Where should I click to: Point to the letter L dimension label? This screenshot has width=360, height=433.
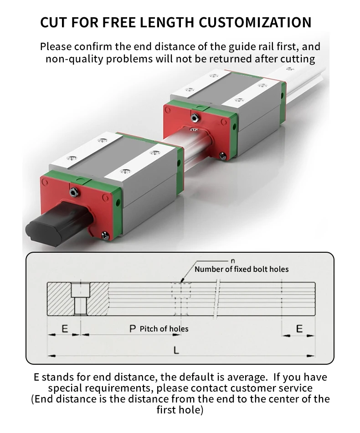[x=176, y=350]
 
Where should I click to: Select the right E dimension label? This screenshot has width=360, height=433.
[x=299, y=329]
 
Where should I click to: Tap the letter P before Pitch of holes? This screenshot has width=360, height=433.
[x=133, y=329]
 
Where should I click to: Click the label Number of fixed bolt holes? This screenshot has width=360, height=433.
[x=242, y=269]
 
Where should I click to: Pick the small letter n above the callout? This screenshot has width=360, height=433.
[x=233, y=261]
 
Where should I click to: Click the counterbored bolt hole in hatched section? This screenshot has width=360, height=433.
[x=81, y=298]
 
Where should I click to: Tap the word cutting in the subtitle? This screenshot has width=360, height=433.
[x=298, y=59]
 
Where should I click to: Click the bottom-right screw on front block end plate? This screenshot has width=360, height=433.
[x=106, y=235]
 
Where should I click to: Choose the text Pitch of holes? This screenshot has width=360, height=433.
[x=164, y=329]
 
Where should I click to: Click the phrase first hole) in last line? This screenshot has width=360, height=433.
[x=180, y=410]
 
